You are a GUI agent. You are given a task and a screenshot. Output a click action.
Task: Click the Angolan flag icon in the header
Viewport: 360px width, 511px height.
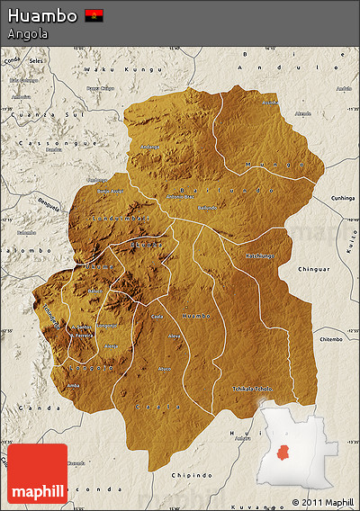point(94,15)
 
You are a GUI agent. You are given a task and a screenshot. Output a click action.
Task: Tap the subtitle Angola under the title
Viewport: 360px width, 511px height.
point(27,34)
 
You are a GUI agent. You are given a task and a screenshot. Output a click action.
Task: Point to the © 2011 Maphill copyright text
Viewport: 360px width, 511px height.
point(322,501)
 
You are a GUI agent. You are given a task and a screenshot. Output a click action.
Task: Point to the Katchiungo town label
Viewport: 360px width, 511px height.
point(261,255)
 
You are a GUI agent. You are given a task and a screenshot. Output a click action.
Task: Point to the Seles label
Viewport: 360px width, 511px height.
point(36,61)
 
